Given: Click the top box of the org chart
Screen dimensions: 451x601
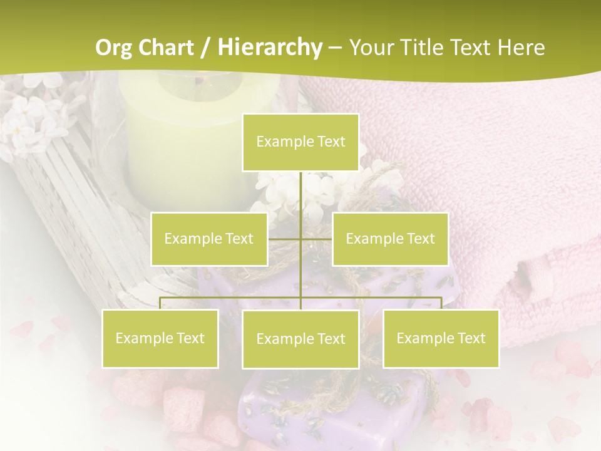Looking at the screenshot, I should point(300,142).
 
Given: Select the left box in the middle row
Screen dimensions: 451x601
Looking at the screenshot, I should point(209,239).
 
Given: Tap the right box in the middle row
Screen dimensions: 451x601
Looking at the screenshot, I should point(390,239).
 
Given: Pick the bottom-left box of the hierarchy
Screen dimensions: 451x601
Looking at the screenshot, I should point(160,339).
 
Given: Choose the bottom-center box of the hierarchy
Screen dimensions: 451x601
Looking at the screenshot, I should point(300,340).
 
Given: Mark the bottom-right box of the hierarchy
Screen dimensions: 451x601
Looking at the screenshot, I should point(441,339).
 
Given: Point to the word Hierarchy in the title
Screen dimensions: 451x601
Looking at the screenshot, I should point(270,48).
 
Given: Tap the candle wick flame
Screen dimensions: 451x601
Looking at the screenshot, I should point(199,80).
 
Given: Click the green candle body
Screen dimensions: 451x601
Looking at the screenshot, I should point(188,138).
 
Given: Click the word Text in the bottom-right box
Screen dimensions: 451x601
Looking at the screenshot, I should point(471,339).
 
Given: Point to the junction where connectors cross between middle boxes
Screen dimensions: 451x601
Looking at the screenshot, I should point(300,239).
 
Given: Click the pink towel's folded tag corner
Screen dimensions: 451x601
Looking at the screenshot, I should point(532,276).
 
